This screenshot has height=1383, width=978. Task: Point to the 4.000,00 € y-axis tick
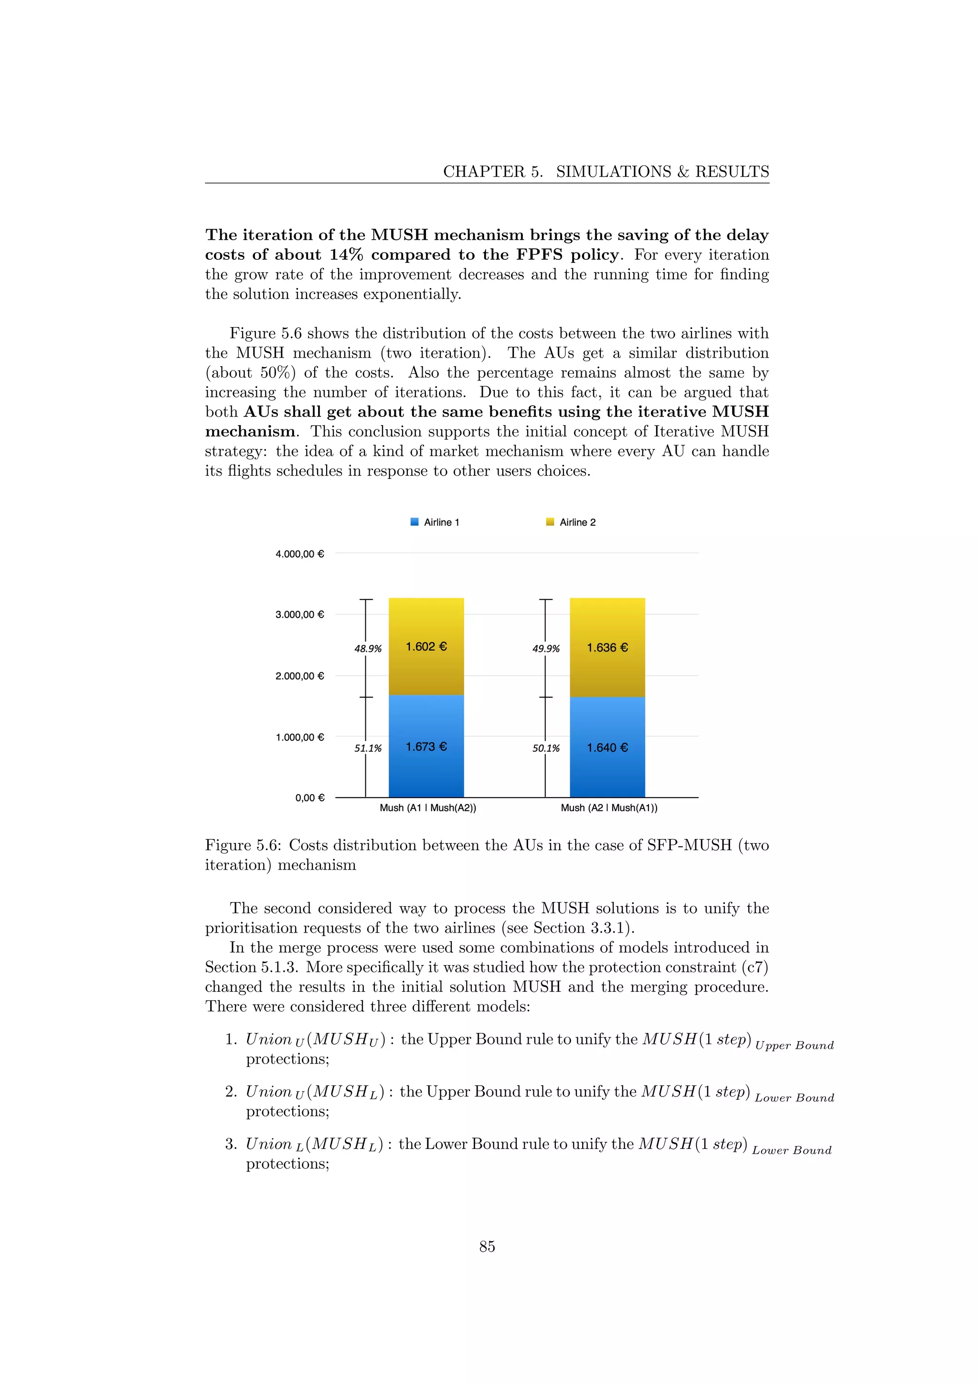[299, 553]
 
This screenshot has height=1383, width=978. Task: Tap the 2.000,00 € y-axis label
[299, 676]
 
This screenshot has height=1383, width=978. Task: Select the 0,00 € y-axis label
[309, 798]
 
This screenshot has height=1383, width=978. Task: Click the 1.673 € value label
[426, 746]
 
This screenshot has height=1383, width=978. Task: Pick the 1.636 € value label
[607, 648]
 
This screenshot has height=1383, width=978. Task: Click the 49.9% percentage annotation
[546, 649]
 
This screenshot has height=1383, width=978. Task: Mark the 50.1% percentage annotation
[546, 748]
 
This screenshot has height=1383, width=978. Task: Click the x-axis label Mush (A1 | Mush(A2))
[427, 808]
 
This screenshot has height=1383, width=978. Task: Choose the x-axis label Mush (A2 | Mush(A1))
[609, 808]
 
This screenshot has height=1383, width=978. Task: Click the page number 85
[487, 1246]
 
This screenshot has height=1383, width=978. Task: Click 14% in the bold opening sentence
[346, 255]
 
